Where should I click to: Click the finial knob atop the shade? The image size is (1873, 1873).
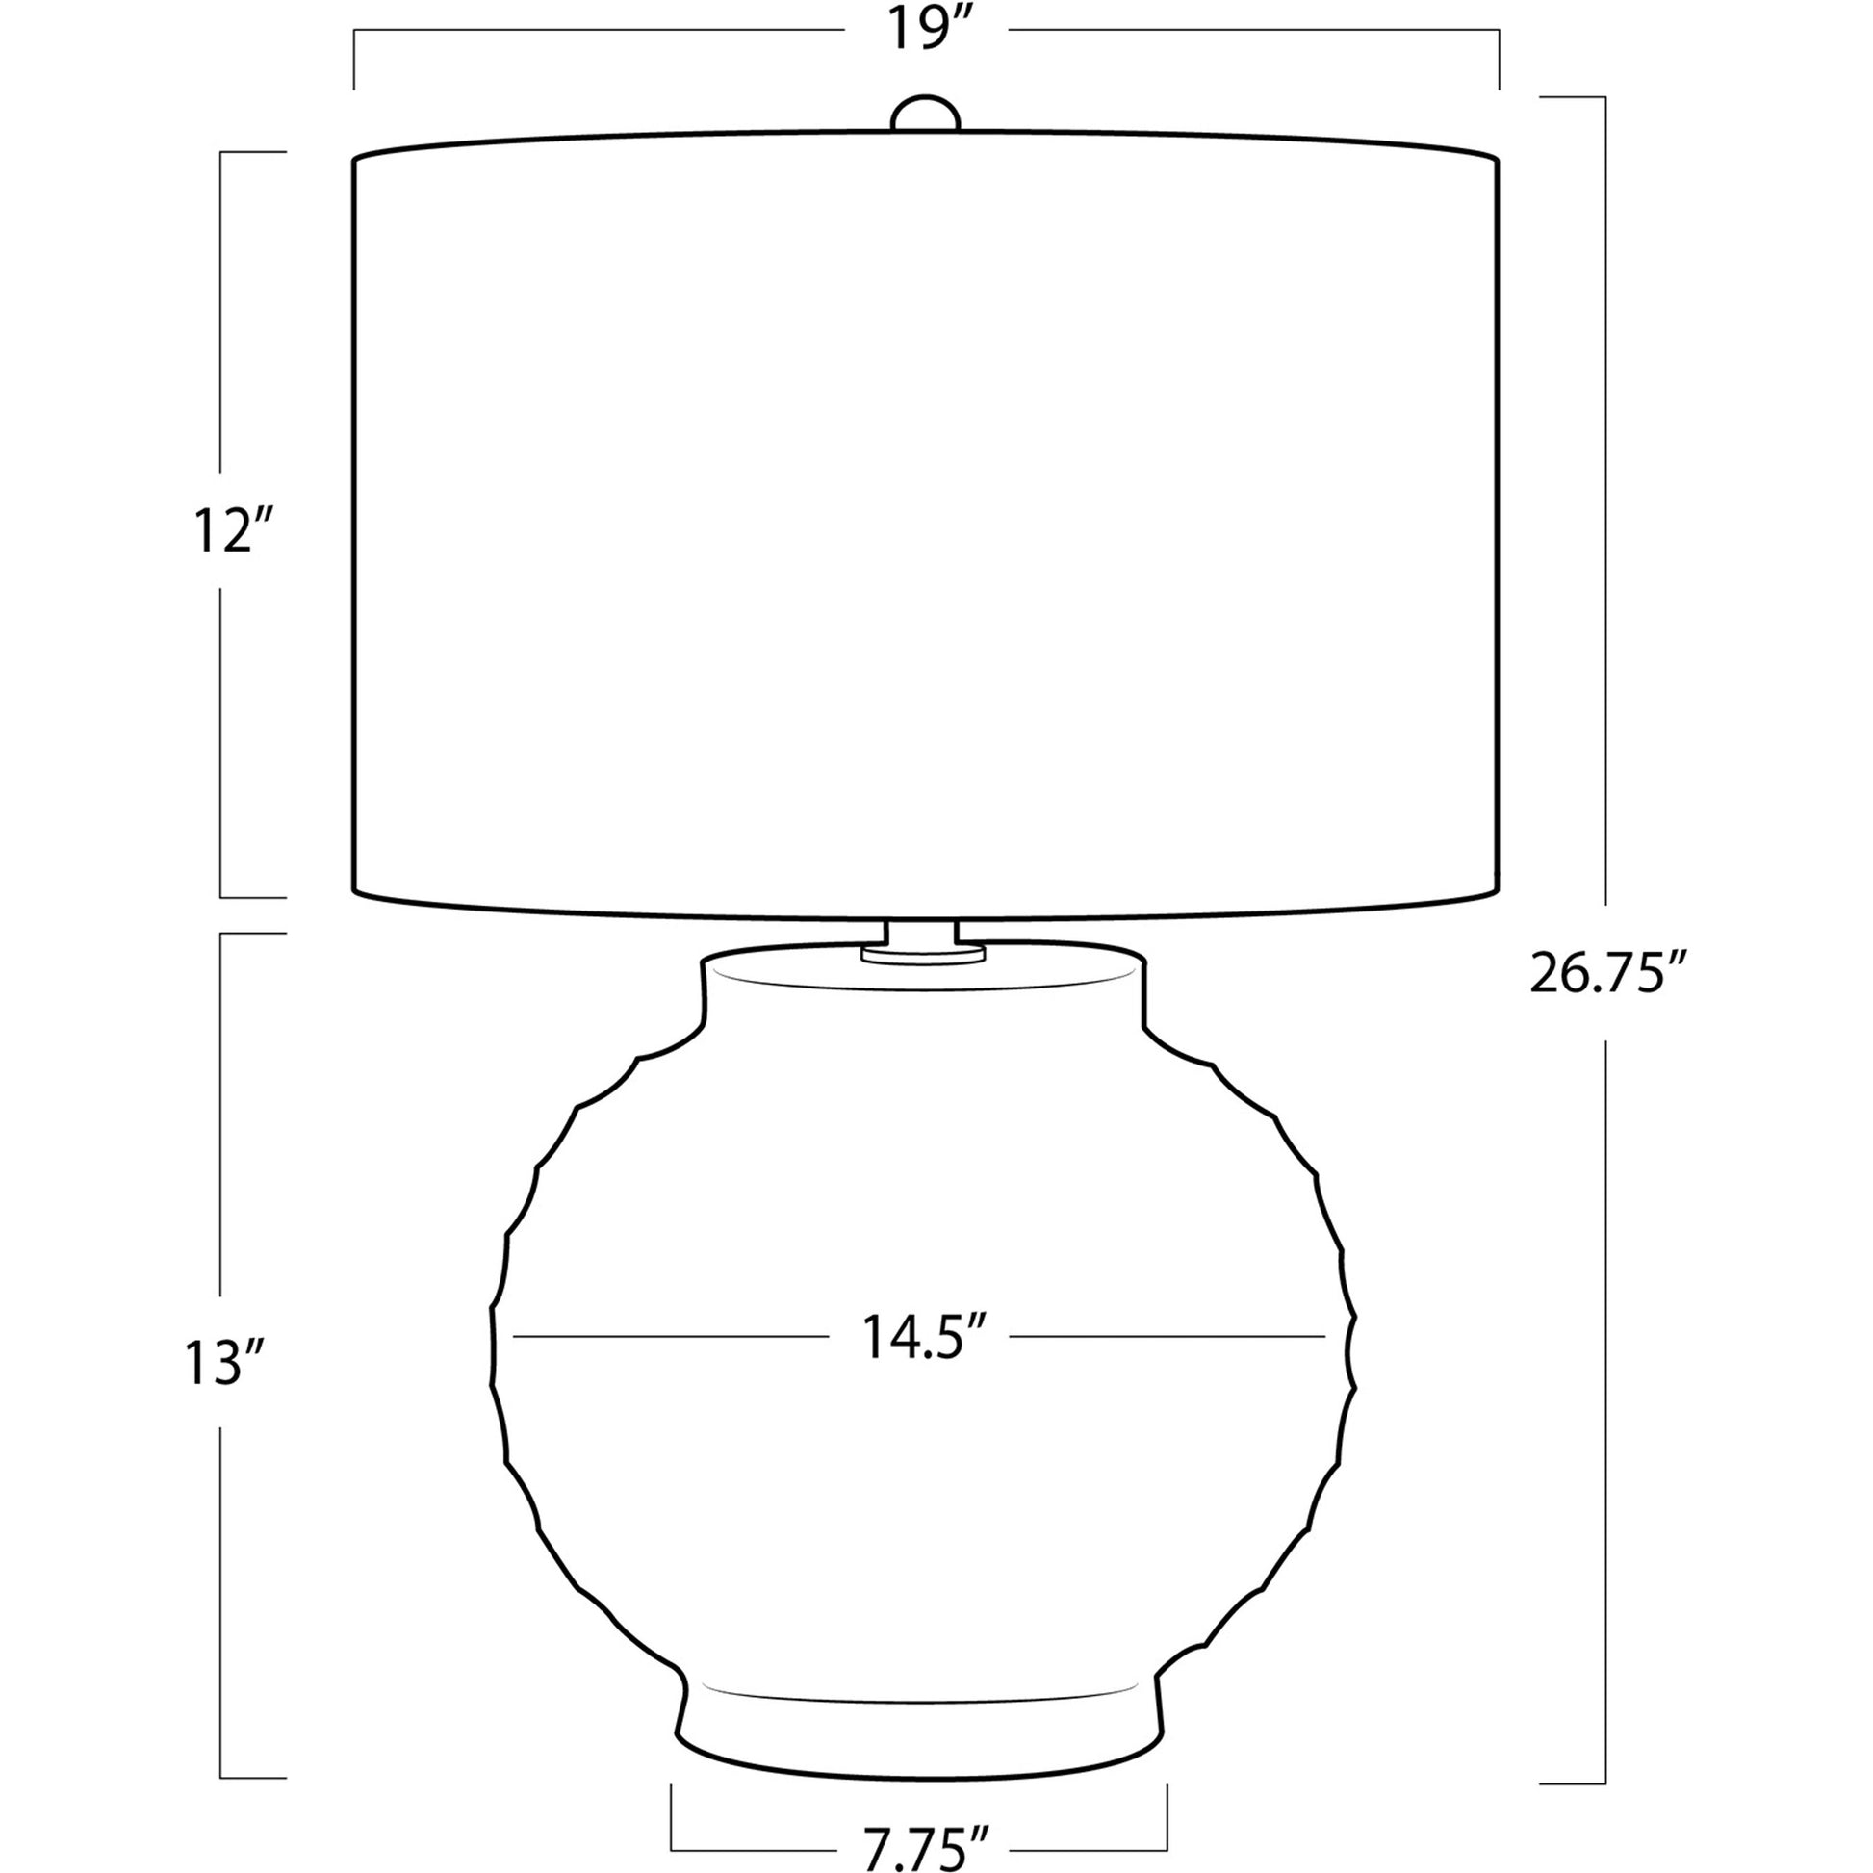[x=926, y=113]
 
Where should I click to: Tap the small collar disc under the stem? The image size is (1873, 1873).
[x=923, y=956]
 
